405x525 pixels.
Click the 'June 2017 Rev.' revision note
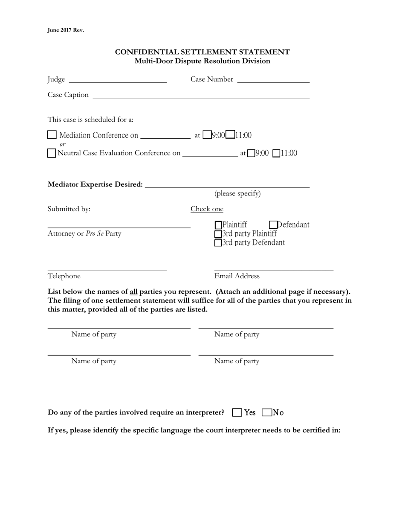(x=66, y=30)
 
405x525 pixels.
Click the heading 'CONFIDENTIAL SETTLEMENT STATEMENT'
(x=202, y=52)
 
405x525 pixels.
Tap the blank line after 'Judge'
(x=117, y=79)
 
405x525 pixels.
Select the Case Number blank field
(x=273, y=79)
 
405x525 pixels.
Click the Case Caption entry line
(x=201, y=95)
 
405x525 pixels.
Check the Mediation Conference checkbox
(x=52, y=135)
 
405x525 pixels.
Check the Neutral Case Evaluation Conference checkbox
(x=52, y=153)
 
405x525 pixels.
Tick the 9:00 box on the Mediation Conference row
(x=207, y=135)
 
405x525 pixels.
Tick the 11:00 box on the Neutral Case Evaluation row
(x=276, y=153)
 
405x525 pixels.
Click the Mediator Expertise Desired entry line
(x=227, y=184)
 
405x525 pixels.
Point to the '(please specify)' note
(x=237, y=194)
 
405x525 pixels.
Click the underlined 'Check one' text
(x=207, y=209)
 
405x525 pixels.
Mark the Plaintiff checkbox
(x=218, y=225)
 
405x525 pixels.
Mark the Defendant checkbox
(x=274, y=225)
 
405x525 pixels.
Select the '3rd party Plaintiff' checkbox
(x=218, y=234)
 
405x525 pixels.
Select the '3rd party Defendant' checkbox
(x=218, y=243)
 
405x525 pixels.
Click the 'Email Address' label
(x=237, y=276)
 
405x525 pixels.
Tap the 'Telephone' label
(x=64, y=276)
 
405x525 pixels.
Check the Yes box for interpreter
(x=237, y=412)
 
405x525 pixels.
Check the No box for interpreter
(x=267, y=412)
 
